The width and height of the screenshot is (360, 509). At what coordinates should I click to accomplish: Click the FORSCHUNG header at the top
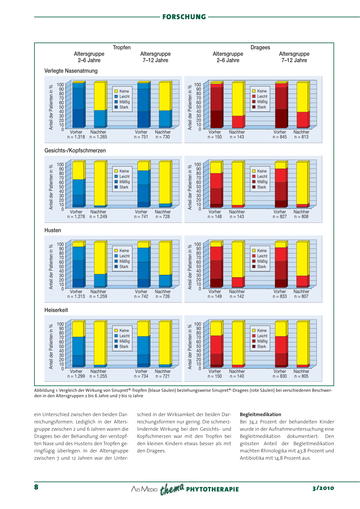(184, 17)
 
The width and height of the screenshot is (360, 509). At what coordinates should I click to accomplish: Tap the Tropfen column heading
(122, 47)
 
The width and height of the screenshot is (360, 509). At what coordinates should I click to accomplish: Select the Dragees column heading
(260, 47)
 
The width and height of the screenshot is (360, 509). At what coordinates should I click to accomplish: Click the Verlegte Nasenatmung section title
(71, 71)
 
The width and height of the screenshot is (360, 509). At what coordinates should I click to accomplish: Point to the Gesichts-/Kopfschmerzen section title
(75, 150)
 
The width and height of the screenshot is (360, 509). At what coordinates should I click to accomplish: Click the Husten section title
(53, 230)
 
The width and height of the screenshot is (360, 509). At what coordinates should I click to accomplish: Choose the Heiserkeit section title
(56, 310)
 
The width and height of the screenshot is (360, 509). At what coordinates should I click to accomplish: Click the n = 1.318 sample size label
(76, 137)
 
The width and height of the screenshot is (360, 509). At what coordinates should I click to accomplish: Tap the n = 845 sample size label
(280, 137)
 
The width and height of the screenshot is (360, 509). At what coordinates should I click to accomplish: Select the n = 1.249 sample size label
(98, 217)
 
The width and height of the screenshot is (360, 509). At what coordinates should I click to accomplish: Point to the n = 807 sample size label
(301, 297)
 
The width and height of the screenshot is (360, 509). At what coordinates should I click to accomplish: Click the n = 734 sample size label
(141, 376)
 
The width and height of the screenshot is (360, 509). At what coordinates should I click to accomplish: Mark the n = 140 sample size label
(237, 376)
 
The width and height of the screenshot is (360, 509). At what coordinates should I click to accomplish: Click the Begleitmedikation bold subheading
(261, 414)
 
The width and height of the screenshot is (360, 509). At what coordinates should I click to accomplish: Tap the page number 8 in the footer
(36, 487)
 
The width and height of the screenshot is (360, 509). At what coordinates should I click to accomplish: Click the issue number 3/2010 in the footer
(323, 488)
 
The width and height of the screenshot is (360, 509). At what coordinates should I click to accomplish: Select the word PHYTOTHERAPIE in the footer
(212, 489)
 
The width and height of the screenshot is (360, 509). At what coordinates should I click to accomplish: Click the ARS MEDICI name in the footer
(144, 489)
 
